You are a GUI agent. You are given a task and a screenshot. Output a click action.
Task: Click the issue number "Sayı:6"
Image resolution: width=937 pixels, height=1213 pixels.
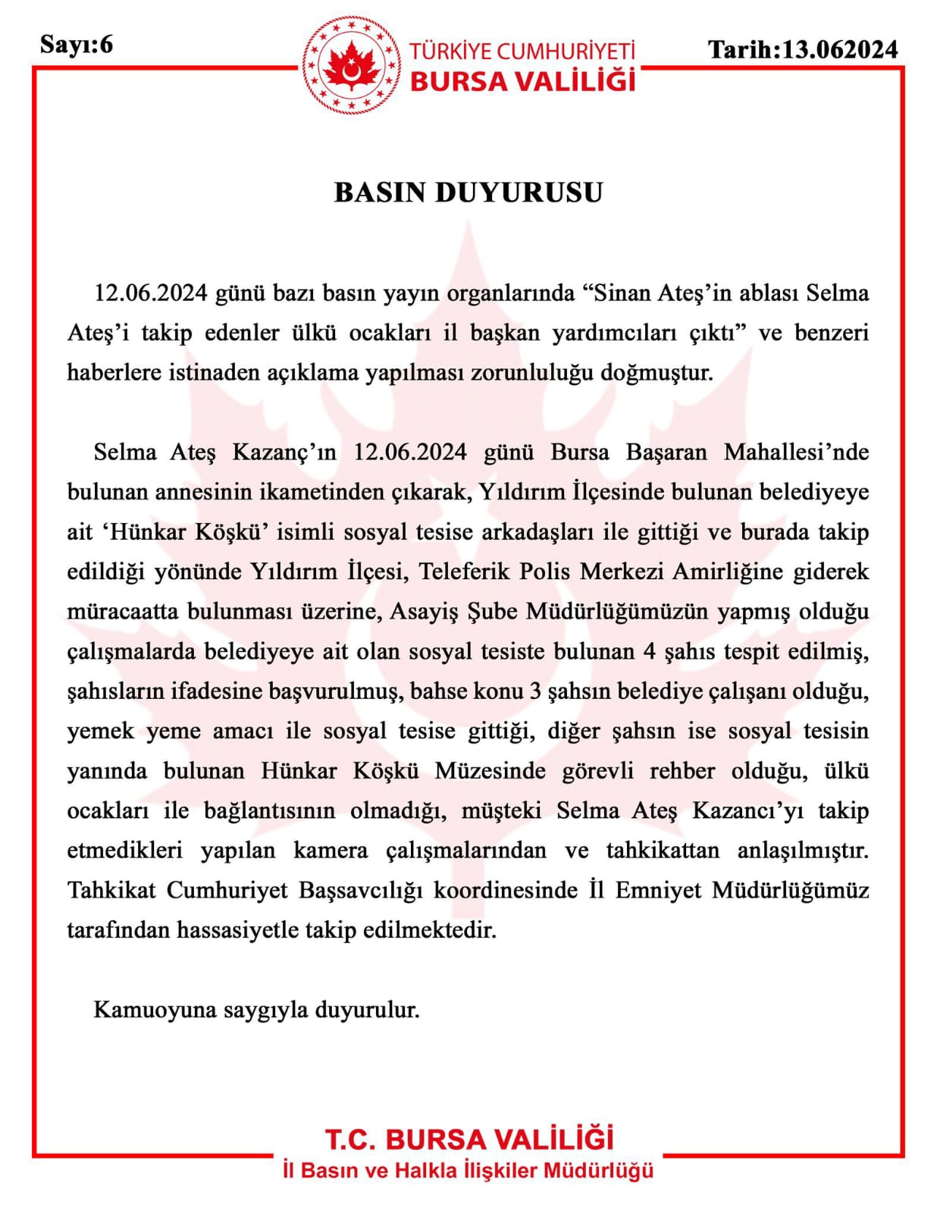click(76, 45)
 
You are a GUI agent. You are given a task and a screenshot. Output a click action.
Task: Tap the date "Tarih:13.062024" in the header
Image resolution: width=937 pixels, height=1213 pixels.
click(802, 50)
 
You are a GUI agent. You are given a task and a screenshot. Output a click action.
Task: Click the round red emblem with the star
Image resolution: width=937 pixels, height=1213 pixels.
click(351, 67)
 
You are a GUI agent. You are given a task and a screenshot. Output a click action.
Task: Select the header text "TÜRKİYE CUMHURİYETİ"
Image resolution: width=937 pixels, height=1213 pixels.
click(522, 52)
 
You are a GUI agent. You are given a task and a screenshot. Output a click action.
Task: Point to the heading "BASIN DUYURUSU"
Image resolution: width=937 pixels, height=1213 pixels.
click(468, 193)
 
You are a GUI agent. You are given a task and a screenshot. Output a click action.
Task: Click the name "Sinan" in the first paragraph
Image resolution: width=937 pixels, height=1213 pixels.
click(620, 293)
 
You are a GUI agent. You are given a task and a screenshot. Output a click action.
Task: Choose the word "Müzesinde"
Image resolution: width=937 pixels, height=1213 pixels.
click(490, 771)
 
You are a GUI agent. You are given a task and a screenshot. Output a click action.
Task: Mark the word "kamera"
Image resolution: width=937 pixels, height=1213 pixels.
click(331, 851)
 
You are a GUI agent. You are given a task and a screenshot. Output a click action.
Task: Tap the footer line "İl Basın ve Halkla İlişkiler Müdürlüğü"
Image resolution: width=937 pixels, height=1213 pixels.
click(468, 1171)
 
